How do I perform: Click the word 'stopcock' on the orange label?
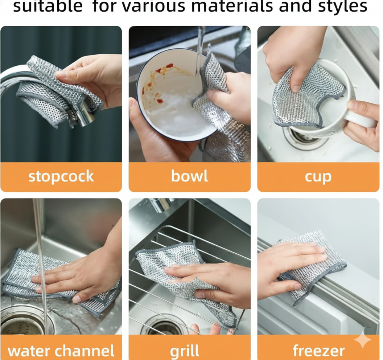(x=61, y=176)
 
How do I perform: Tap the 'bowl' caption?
(x=189, y=176)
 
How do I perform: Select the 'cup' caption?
(x=318, y=176)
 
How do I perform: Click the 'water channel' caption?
(x=61, y=351)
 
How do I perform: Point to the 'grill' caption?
(x=185, y=351)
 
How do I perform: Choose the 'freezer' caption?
(x=318, y=351)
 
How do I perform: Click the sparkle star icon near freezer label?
(x=362, y=340)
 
